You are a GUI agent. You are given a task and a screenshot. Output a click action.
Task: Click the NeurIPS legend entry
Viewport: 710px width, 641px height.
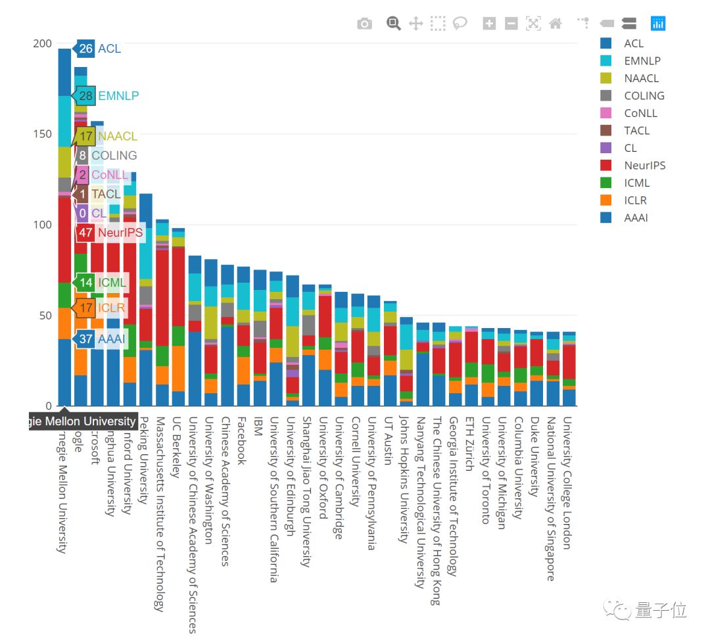click(x=644, y=166)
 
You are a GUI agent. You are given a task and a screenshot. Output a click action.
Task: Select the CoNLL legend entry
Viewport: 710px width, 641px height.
click(x=640, y=113)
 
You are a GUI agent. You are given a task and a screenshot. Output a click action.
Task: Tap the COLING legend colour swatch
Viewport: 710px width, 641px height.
click(x=606, y=96)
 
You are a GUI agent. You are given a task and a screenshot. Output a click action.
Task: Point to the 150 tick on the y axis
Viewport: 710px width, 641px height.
click(x=42, y=134)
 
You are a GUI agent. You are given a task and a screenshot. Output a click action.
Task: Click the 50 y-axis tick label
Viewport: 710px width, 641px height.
click(x=45, y=316)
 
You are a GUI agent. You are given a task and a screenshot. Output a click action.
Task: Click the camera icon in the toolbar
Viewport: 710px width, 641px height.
click(x=364, y=24)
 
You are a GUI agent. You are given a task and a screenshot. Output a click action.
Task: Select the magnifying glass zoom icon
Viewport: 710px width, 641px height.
click(x=393, y=24)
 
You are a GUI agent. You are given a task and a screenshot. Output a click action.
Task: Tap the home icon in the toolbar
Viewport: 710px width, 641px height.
click(x=556, y=24)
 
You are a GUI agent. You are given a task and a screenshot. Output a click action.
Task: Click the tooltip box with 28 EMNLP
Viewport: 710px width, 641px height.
click(x=108, y=96)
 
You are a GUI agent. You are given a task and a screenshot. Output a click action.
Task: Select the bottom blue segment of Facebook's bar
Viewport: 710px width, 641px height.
click(x=243, y=394)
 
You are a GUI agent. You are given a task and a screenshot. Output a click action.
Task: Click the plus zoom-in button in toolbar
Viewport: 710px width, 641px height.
click(x=489, y=24)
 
